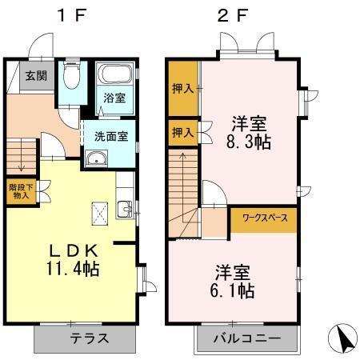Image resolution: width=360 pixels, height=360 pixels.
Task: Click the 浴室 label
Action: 114,98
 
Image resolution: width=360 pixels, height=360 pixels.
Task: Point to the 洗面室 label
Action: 111,135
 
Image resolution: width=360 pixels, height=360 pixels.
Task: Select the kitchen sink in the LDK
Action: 126,211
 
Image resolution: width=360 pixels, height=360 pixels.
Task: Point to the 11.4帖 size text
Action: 69,270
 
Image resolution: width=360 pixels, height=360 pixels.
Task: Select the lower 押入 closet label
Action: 183,132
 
